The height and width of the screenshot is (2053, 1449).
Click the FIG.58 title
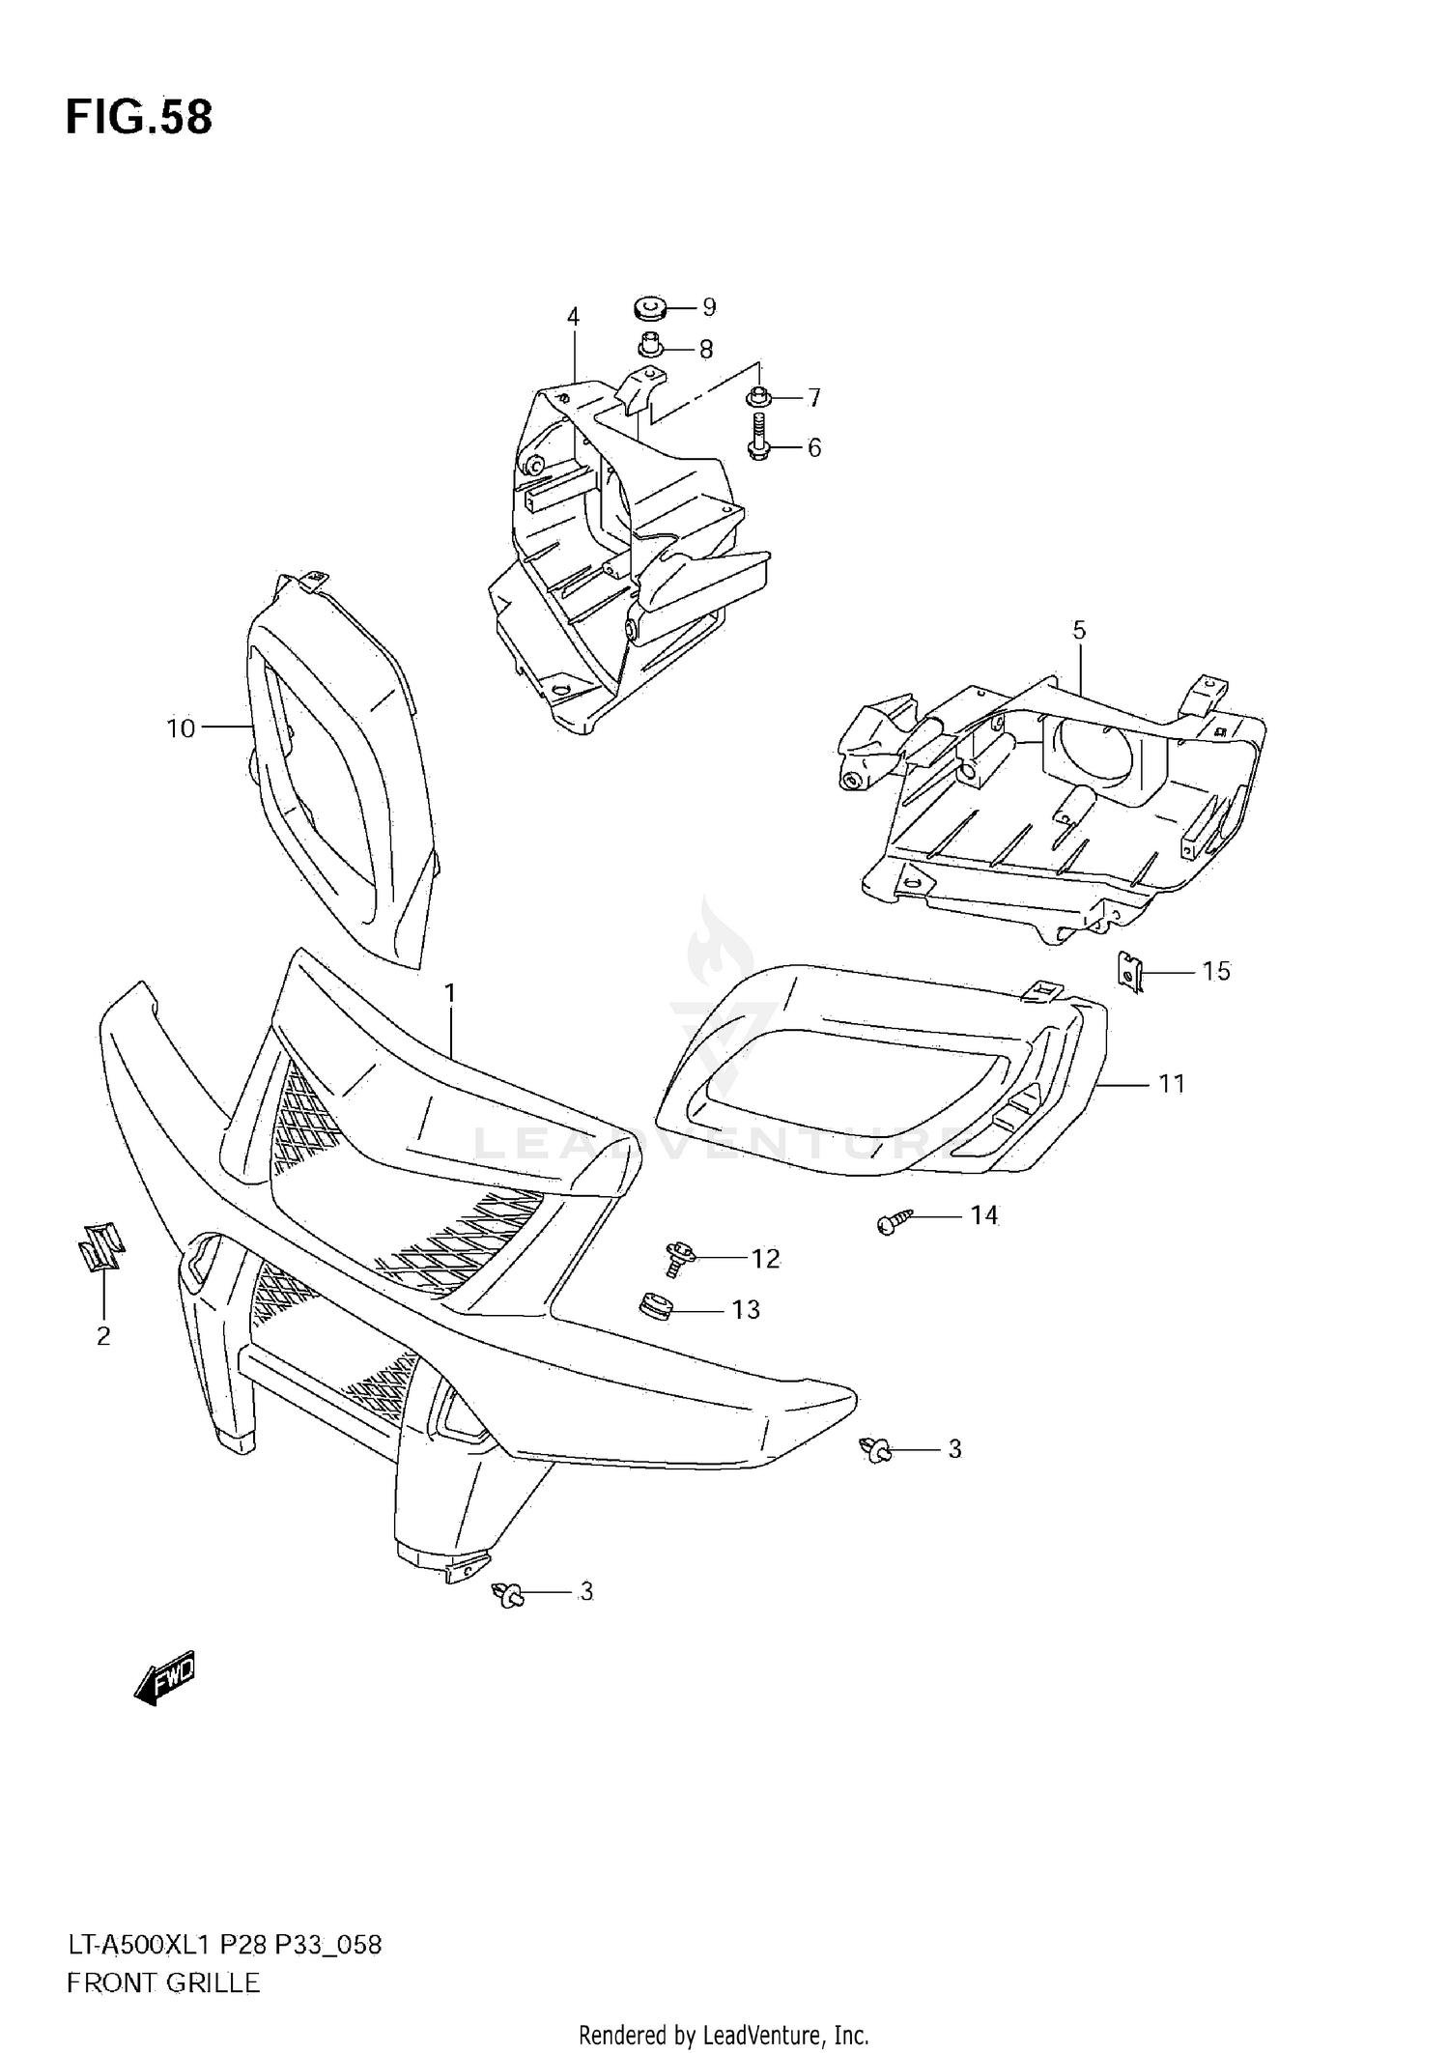click(139, 118)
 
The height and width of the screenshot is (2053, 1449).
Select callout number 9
click(709, 307)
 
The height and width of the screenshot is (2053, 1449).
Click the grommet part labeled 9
click(650, 309)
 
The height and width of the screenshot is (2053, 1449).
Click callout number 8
click(706, 350)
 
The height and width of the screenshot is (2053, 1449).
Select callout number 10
click(181, 728)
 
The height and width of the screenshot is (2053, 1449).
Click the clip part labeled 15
click(1127, 970)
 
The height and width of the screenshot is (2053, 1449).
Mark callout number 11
click(1171, 1084)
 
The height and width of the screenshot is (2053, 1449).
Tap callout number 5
click(1079, 630)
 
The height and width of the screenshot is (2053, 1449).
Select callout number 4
click(573, 317)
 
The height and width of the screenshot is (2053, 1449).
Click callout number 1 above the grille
click(449, 993)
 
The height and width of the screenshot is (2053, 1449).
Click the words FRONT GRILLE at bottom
click(163, 1983)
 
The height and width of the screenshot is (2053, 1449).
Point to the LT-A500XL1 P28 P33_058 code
click(224, 1945)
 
